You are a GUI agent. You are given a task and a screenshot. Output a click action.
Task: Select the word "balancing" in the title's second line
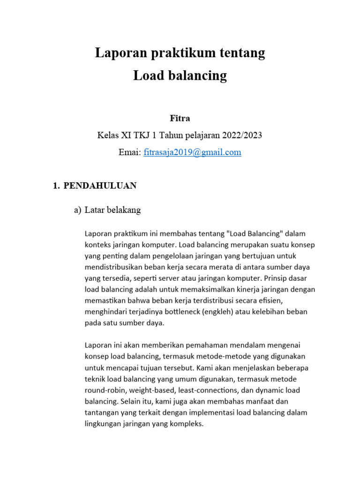(x=197, y=75)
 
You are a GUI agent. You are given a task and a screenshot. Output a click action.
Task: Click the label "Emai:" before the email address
(x=130, y=152)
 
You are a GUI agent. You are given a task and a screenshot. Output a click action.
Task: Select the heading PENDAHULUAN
(x=100, y=186)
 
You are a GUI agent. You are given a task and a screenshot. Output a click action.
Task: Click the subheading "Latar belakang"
(x=112, y=210)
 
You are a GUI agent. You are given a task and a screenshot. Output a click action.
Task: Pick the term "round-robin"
(x=105, y=390)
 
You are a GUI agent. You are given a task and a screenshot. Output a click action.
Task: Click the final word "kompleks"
(x=187, y=424)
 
